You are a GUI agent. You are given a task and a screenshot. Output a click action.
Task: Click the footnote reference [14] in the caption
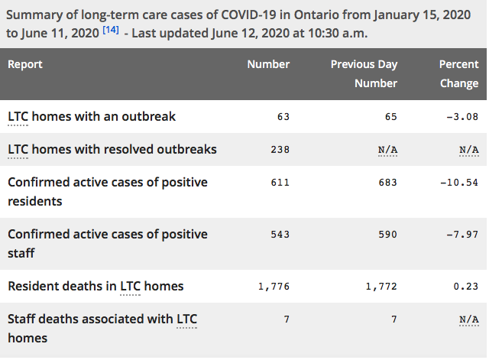pyautogui.click(x=111, y=30)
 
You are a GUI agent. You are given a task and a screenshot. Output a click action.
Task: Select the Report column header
pyautogui.click(x=25, y=64)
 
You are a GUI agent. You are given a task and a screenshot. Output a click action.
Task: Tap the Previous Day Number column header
pyautogui.click(x=364, y=73)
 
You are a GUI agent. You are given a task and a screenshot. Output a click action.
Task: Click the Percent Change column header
pyautogui.click(x=458, y=73)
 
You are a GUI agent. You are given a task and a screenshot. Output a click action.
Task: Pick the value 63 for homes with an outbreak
pyautogui.click(x=283, y=117)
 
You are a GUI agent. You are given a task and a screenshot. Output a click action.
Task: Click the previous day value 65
pyautogui.click(x=391, y=117)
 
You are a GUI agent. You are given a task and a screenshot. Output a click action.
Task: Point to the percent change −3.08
pyautogui.click(x=462, y=117)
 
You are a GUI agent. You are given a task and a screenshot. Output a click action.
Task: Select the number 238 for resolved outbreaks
pyautogui.click(x=280, y=150)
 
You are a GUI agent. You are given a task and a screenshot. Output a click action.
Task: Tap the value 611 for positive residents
pyautogui.click(x=280, y=182)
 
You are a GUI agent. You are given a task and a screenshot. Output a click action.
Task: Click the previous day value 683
pyautogui.click(x=388, y=182)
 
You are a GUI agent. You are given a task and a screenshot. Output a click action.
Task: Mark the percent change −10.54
pyautogui.click(x=459, y=182)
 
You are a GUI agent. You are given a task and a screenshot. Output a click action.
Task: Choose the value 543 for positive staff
pyautogui.click(x=280, y=235)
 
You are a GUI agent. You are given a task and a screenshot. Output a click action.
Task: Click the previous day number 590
pyautogui.click(x=388, y=235)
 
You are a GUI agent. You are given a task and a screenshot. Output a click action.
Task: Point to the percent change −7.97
pyautogui.click(x=462, y=235)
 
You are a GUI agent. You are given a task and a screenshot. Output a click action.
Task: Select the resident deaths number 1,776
pyautogui.click(x=274, y=287)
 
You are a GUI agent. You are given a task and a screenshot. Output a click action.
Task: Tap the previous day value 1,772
pyautogui.click(x=381, y=287)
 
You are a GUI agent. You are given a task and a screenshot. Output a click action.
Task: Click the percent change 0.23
pyautogui.click(x=466, y=287)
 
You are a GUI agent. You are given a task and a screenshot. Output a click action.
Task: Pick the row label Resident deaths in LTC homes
pyautogui.click(x=96, y=286)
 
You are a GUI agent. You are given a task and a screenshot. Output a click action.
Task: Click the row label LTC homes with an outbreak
pyautogui.click(x=92, y=117)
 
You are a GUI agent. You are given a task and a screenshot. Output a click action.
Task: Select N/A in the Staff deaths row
pyautogui.click(x=469, y=319)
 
